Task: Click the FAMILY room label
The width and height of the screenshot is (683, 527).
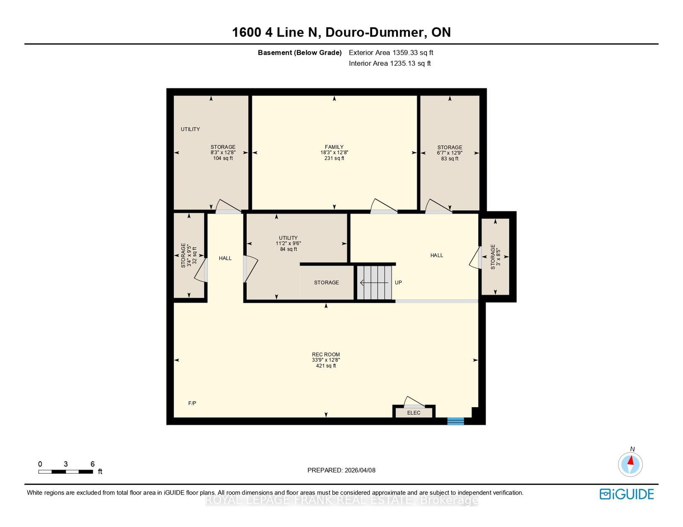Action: click(334, 147)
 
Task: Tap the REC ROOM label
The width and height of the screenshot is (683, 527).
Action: click(326, 354)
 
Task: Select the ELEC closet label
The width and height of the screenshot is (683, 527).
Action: click(414, 413)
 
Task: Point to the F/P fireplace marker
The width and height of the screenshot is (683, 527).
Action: click(193, 403)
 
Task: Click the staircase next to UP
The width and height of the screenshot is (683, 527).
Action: click(374, 283)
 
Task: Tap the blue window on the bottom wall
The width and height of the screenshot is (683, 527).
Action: click(456, 421)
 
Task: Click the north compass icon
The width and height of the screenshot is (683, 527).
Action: click(630, 464)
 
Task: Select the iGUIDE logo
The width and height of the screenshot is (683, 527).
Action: click(626, 494)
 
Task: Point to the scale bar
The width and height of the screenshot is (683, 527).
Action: click(66, 472)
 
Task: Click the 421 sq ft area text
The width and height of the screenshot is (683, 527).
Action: click(326, 366)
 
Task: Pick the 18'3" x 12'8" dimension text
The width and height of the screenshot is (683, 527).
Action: click(334, 153)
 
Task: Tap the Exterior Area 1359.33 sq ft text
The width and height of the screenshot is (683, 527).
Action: click(391, 53)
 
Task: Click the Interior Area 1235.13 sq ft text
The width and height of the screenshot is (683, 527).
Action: click(390, 64)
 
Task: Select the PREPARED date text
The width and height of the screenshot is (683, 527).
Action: click(341, 470)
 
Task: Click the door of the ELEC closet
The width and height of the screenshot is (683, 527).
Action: click(414, 402)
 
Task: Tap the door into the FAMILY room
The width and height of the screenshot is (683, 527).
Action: click(384, 206)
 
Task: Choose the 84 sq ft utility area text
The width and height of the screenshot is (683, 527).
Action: click(289, 249)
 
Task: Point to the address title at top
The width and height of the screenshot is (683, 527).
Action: click(341, 32)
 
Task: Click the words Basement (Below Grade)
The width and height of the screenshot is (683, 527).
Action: click(300, 53)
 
